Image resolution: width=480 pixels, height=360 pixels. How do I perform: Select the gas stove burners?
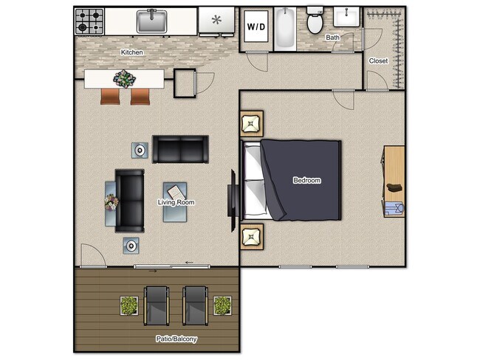coord(89,21)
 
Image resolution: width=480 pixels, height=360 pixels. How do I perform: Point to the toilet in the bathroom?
coord(315,21)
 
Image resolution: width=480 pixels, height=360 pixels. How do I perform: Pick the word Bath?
coord(333,37)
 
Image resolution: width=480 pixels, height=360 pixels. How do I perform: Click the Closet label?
coord(378,60)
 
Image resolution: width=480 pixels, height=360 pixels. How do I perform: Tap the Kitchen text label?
coord(132,52)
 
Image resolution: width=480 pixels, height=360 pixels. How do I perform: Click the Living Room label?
coord(176,202)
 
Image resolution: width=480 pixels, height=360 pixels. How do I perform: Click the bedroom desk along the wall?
coord(394,181)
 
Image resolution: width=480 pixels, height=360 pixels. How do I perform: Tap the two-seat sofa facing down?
coord(180,149)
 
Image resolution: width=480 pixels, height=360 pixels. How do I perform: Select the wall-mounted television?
coord(232,195)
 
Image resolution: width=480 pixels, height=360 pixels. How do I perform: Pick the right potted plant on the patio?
coord(222,305)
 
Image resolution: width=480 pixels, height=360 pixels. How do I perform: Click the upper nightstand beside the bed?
coord(251,123)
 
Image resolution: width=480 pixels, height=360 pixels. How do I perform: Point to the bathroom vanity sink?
coord(345,16)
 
